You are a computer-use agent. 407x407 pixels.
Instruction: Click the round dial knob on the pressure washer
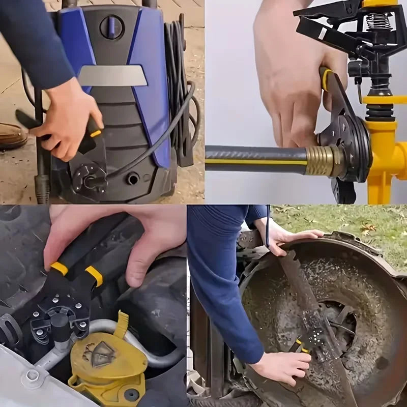pos(111,26)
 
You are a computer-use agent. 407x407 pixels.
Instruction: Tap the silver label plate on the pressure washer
pos(112,76)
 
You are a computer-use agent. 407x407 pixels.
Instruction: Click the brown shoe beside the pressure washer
pos(11,136)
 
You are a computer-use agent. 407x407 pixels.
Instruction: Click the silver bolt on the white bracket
pos(33,375)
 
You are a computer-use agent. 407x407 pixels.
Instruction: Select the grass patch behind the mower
pos(356,224)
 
